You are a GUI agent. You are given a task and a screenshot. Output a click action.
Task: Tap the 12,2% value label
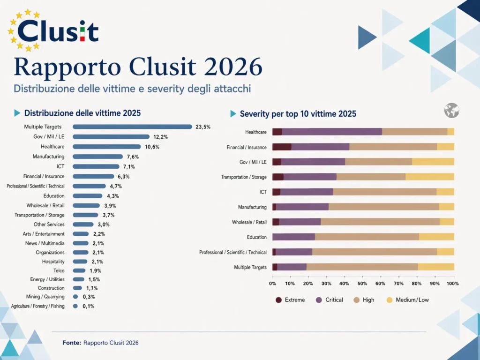160,137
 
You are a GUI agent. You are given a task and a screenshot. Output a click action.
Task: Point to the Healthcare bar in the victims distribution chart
107,147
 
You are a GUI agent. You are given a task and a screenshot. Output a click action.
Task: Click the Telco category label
59,270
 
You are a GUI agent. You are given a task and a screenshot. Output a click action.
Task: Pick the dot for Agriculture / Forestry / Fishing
75,306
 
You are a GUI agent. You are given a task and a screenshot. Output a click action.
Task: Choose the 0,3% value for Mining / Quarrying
89,297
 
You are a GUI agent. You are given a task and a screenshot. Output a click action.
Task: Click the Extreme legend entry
291,300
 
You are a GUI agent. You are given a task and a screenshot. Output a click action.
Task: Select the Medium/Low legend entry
407,300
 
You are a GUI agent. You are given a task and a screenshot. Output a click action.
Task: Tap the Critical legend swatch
319,300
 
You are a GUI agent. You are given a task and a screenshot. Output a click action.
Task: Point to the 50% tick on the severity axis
362,284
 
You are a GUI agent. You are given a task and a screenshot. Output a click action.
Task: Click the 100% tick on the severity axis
453,284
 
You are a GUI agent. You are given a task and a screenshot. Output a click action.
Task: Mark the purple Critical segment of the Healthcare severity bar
332,132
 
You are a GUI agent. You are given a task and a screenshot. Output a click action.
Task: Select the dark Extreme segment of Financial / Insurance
282,147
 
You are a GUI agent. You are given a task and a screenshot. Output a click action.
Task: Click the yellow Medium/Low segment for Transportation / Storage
430,177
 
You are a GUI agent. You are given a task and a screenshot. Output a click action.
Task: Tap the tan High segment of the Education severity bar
367,237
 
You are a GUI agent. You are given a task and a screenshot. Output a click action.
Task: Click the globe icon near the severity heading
452,111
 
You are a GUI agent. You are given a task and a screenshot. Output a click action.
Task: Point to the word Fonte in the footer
72,343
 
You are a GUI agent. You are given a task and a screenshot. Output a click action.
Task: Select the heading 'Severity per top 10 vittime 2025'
298,114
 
